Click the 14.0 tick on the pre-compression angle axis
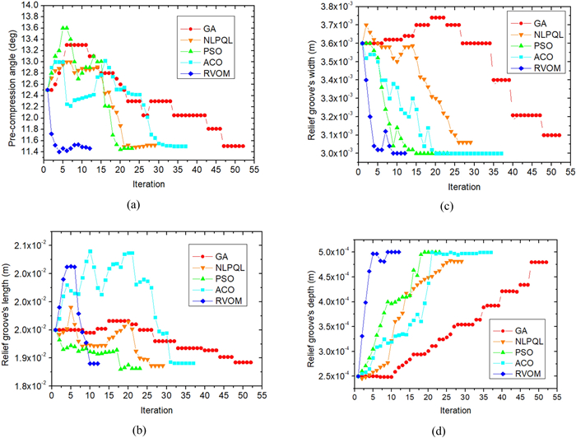[26, 5]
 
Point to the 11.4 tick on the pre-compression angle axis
[26, 151]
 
